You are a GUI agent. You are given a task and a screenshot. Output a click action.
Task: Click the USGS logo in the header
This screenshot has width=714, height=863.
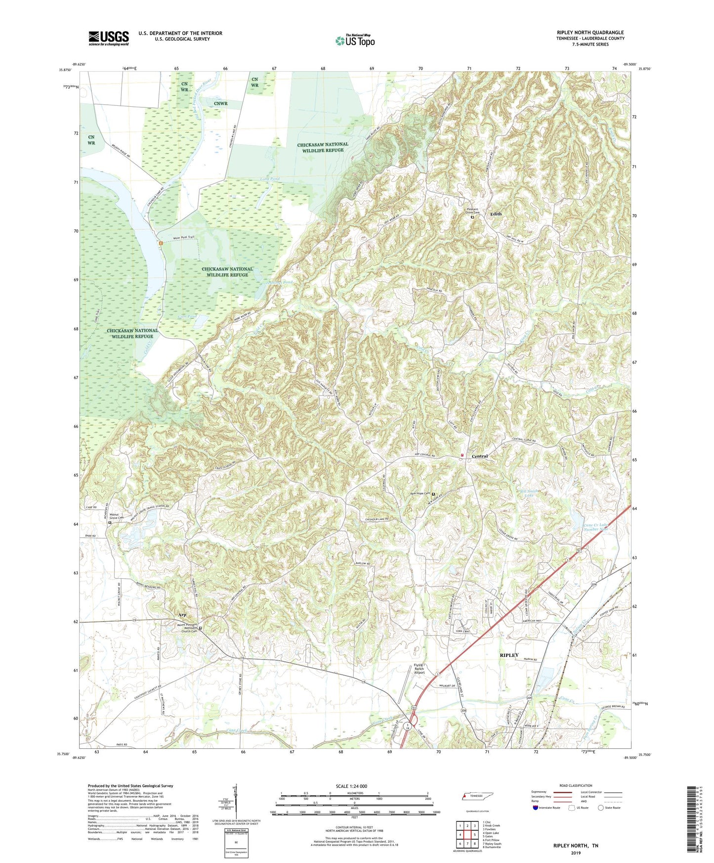109,38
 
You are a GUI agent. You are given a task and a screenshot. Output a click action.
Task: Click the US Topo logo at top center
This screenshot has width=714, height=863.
354,41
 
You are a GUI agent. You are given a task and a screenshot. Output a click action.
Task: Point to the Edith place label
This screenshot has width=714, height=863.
496,214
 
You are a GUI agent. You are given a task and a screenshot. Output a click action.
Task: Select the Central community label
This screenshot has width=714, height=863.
479,456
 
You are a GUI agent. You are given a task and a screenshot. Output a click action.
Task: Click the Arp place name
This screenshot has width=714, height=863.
182,615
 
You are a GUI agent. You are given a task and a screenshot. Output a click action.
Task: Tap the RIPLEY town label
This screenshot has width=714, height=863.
509,655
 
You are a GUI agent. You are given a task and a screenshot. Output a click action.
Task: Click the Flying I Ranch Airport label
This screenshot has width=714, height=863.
419,669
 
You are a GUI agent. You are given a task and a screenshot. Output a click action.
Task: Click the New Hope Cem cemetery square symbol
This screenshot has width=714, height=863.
433,494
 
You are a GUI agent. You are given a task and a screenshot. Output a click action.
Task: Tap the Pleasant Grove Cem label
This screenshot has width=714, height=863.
472,211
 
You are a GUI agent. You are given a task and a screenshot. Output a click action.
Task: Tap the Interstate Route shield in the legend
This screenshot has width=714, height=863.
536,808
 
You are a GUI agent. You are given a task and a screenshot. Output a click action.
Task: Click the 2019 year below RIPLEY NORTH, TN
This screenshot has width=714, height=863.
575,853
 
